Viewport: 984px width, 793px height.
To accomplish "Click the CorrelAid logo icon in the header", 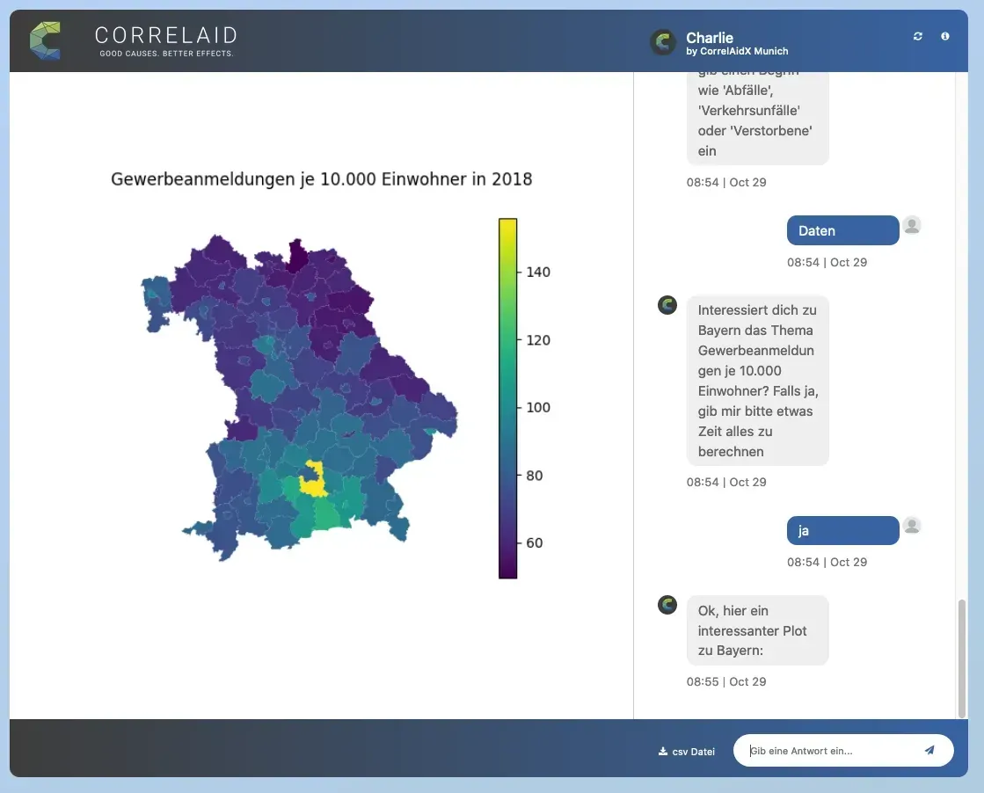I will [45, 40].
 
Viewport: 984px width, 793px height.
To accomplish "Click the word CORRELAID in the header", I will [165, 35].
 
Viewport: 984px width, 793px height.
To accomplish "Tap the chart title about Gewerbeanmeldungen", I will [321, 179].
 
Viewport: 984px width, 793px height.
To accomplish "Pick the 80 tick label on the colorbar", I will [534, 476].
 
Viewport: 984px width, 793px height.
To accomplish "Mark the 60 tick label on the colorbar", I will [534, 543].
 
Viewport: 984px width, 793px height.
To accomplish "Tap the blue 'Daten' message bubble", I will [842, 230].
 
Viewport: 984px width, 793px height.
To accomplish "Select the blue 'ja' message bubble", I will [842, 530].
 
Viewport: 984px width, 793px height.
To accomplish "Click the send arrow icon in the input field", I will [929, 750].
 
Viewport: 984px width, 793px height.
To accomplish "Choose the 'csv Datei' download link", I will [687, 752].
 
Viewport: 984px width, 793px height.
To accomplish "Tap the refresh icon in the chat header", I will [918, 36].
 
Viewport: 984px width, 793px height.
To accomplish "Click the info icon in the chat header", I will [945, 36].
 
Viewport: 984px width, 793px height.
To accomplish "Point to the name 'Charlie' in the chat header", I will [710, 38].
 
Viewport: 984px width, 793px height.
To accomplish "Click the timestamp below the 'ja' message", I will [827, 562].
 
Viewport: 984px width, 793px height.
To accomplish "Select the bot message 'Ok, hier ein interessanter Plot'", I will [757, 630].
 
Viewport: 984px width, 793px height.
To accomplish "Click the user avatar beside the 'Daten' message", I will [912, 225].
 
